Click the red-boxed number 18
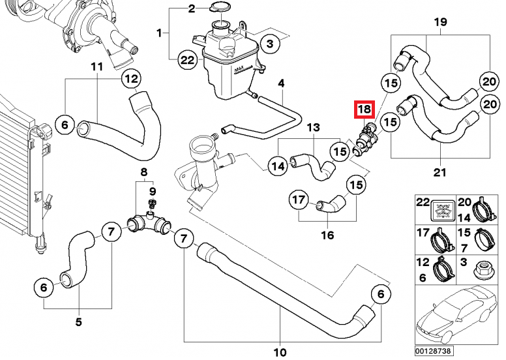(363, 110)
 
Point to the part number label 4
(282, 83)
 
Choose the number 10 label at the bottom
(280, 352)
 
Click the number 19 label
(441, 22)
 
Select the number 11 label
(97, 67)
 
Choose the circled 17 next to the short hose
(298, 200)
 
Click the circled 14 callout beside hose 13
(278, 166)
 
